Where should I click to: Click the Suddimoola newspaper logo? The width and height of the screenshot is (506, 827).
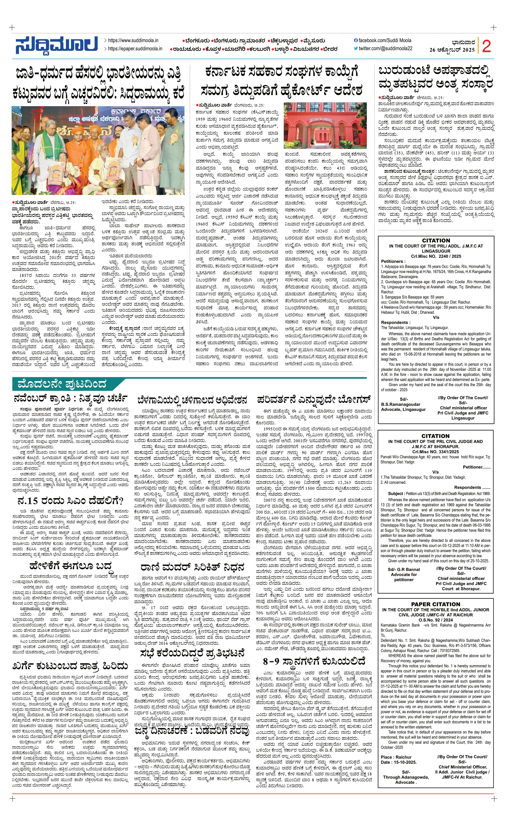(x=56, y=45)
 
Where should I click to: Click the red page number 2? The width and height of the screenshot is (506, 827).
(x=486, y=46)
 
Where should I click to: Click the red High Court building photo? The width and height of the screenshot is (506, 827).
(x=325, y=125)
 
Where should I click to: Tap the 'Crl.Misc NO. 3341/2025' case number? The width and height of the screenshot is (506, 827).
(x=436, y=452)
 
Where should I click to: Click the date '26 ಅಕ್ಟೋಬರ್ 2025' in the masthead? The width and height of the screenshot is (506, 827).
(x=452, y=50)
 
